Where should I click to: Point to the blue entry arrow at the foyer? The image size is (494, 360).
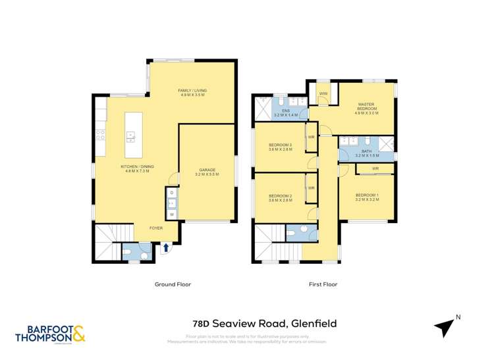tap(166, 247)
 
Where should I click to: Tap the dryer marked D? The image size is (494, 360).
tap(172, 193)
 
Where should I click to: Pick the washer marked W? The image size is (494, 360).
tap(172, 215)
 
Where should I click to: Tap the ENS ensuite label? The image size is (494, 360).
tap(286, 112)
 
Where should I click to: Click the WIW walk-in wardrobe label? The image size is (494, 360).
tap(323, 94)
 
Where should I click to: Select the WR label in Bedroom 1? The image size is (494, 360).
tap(375, 169)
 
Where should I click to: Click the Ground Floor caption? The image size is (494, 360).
tap(173, 284)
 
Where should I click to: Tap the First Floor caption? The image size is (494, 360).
tap(323, 284)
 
